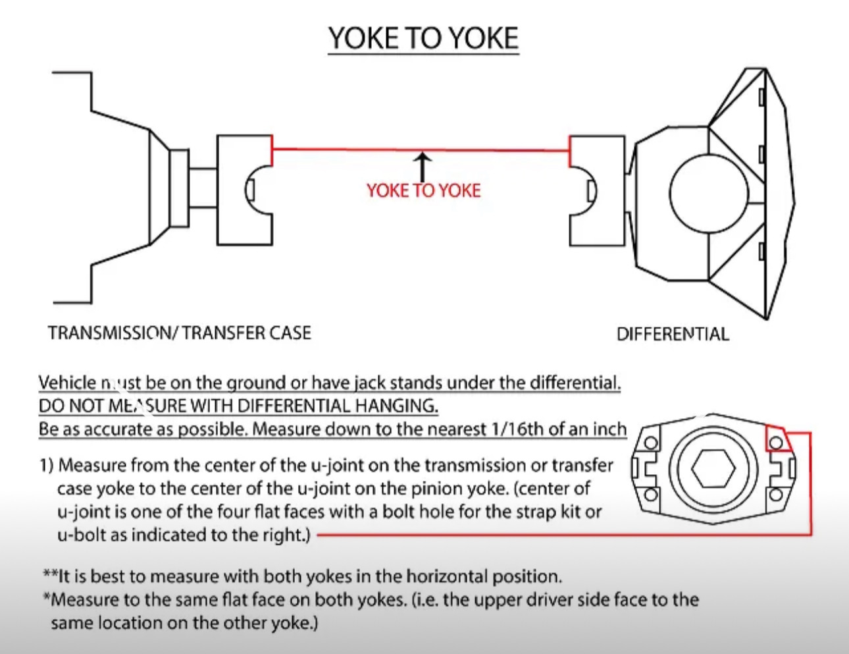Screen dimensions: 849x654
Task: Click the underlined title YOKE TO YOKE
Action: pyautogui.click(x=423, y=38)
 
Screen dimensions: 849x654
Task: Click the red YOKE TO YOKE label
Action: pyautogui.click(x=423, y=190)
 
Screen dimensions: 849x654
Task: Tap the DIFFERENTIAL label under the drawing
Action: pyautogui.click(x=672, y=334)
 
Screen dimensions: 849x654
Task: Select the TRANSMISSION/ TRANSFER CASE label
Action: pyautogui.click(x=179, y=333)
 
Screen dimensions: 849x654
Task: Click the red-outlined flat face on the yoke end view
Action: pyautogui.click(x=777, y=438)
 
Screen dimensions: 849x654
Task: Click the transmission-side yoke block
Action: pyautogui.click(x=244, y=190)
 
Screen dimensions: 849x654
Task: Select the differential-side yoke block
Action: pyautogui.click(x=596, y=191)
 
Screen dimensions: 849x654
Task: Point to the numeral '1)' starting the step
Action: pyautogui.click(x=46, y=466)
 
